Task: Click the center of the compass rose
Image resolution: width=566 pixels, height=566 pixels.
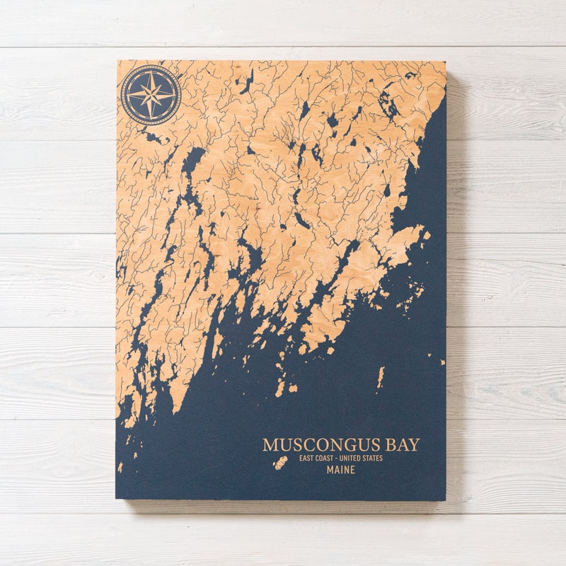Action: tap(151, 95)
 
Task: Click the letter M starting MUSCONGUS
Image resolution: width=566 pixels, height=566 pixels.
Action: tap(270, 445)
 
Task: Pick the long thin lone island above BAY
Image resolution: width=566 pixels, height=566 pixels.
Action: tap(381, 376)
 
